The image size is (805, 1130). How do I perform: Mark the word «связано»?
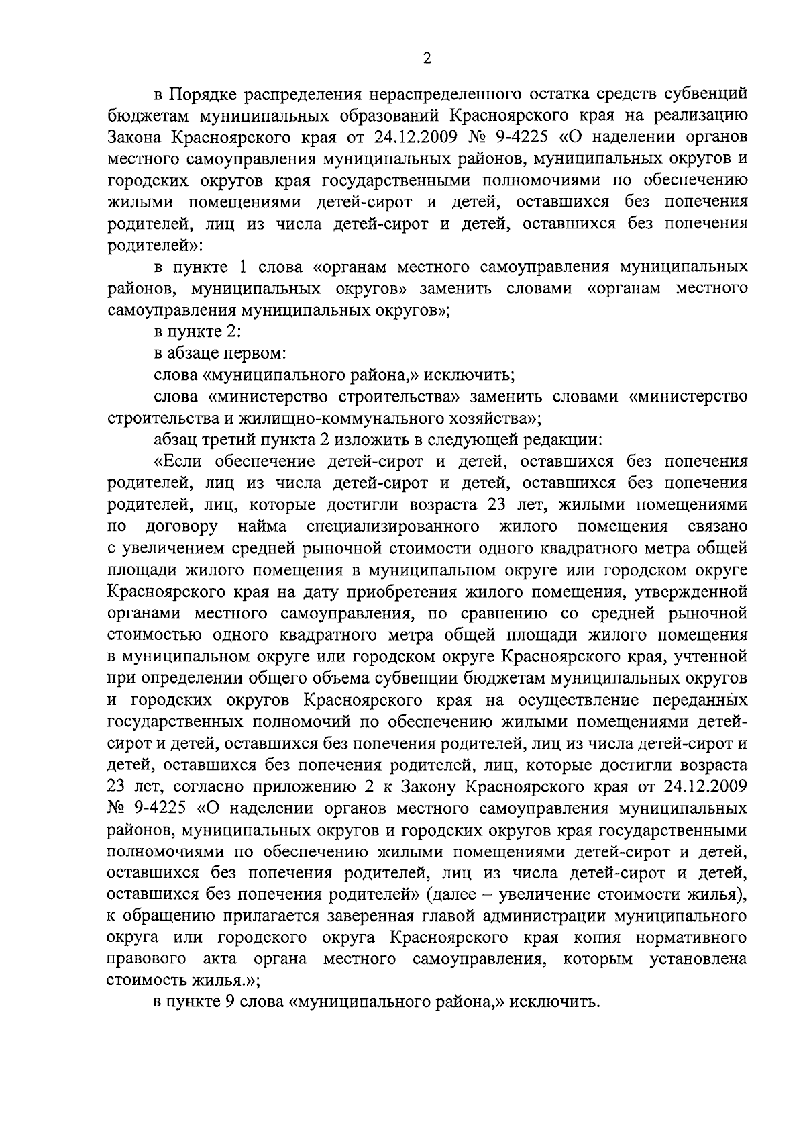coord(718,527)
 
